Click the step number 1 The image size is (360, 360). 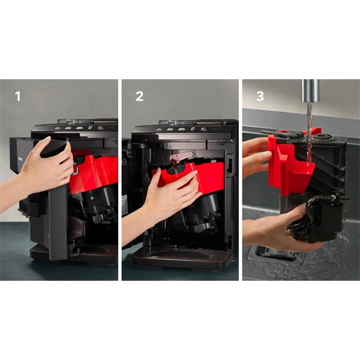[17, 96]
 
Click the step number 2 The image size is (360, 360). [139, 96]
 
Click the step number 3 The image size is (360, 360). [260, 96]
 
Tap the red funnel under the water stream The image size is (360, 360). [294, 171]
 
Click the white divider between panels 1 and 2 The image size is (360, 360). [119, 180]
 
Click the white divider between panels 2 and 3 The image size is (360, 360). [240, 180]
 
